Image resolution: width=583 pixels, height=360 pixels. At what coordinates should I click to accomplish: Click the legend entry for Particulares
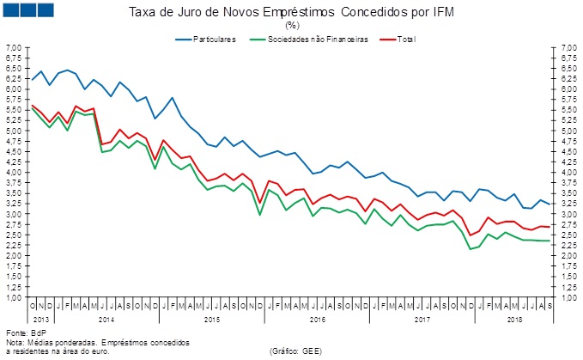214,40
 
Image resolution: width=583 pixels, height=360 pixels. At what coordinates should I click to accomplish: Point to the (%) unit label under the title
292,25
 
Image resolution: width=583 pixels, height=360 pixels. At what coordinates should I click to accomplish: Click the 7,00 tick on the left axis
14,47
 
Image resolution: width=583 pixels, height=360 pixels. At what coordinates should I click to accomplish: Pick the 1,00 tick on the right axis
568,297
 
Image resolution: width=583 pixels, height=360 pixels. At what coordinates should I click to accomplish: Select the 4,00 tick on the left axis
14,172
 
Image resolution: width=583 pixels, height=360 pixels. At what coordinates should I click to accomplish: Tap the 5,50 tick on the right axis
568,110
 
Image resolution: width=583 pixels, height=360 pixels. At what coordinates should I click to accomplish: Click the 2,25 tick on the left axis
14,245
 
